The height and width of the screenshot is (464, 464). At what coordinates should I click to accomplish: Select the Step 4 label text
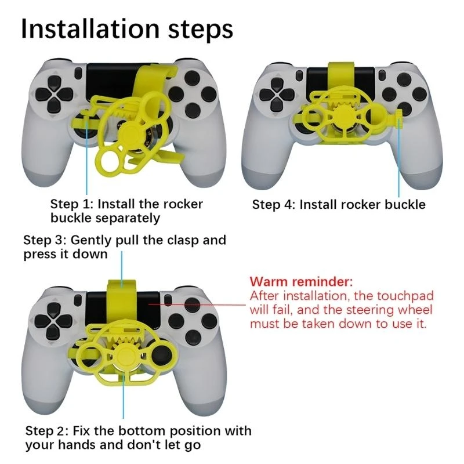[339, 205]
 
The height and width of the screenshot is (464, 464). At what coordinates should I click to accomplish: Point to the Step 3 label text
[124, 247]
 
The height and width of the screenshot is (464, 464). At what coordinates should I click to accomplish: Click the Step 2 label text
[138, 438]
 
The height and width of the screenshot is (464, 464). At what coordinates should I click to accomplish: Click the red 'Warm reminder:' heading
[300, 282]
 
